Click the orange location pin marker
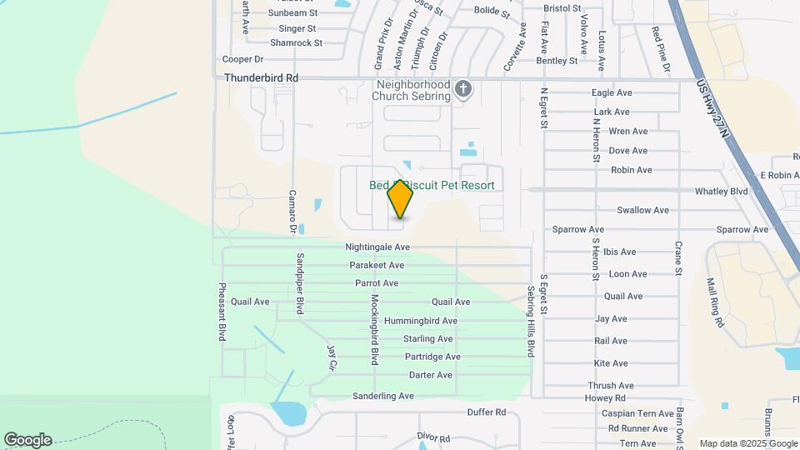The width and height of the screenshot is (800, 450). click(x=400, y=199)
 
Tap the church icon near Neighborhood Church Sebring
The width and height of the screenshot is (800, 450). click(x=465, y=88)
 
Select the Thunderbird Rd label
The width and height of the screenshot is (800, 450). click(x=261, y=77)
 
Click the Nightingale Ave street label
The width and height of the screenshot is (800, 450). click(x=377, y=247)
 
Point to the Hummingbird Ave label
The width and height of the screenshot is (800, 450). click(x=420, y=321)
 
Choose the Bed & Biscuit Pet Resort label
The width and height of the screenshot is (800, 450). click(x=432, y=185)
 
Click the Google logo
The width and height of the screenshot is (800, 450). click(x=27, y=440)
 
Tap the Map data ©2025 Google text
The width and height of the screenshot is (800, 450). click(x=747, y=443)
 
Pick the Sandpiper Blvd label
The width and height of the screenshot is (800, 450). click(x=299, y=282)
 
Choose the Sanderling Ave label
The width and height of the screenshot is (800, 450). click(x=382, y=396)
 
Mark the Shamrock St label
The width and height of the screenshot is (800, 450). click(x=295, y=42)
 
